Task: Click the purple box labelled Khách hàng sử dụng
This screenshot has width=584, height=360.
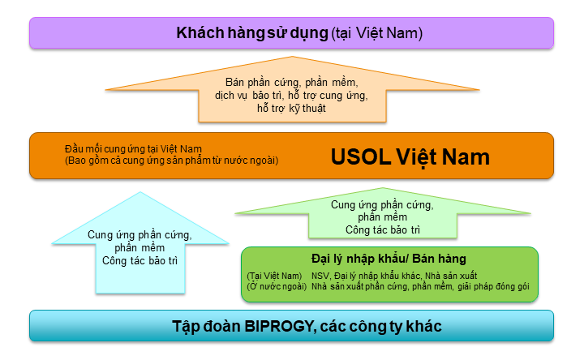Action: pos(292,32)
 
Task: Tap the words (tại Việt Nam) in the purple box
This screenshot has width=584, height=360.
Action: pos(377,33)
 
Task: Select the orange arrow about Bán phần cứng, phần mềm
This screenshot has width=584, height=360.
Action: pos(292,89)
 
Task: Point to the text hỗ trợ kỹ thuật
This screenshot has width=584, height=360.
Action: pos(291,109)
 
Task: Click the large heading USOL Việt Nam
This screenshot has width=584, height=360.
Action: pos(410,156)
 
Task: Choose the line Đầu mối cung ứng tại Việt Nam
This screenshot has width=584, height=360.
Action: pos(133,149)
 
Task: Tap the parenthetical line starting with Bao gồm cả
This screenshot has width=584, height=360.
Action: pos(172,161)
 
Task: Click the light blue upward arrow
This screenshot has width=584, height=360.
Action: pos(140,242)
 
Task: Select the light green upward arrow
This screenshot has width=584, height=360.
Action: pos(383,213)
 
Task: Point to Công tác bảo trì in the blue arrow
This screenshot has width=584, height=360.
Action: pos(140,260)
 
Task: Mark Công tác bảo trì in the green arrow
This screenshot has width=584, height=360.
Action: pos(383,229)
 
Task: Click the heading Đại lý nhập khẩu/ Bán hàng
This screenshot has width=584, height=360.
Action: pos(389,259)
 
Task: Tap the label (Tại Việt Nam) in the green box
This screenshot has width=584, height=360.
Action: pos(274,276)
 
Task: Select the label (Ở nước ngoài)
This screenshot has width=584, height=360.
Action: pos(277,286)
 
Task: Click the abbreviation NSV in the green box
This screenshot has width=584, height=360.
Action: pos(320,276)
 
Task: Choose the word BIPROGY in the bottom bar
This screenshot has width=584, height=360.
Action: pos(278,326)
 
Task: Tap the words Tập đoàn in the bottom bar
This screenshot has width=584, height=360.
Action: pos(206,327)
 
